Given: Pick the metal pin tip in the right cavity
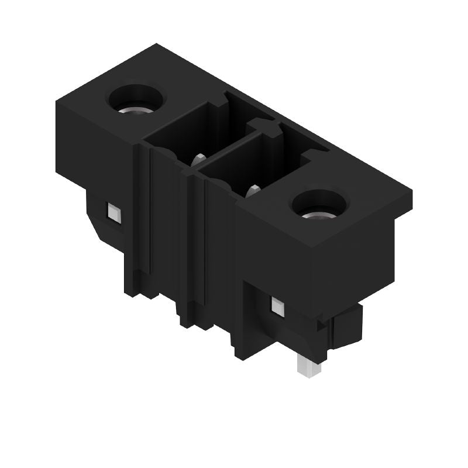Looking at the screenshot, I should [254, 189].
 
